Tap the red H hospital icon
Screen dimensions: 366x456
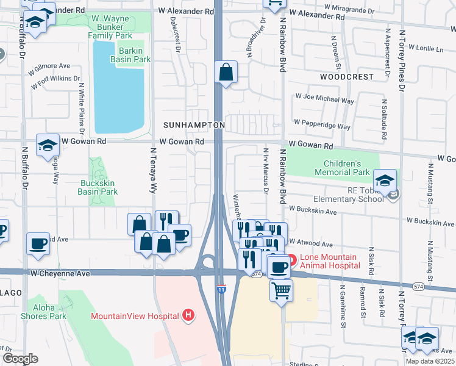click(189, 315)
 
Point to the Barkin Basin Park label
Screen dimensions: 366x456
click(130, 55)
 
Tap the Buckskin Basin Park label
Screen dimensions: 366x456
click(98, 187)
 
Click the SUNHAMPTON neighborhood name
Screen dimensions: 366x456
click(194, 125)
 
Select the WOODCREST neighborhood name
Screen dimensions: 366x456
click(346, 77)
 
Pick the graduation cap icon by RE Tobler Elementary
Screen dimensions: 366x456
click(385, 180)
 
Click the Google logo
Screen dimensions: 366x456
click(20, 359)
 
